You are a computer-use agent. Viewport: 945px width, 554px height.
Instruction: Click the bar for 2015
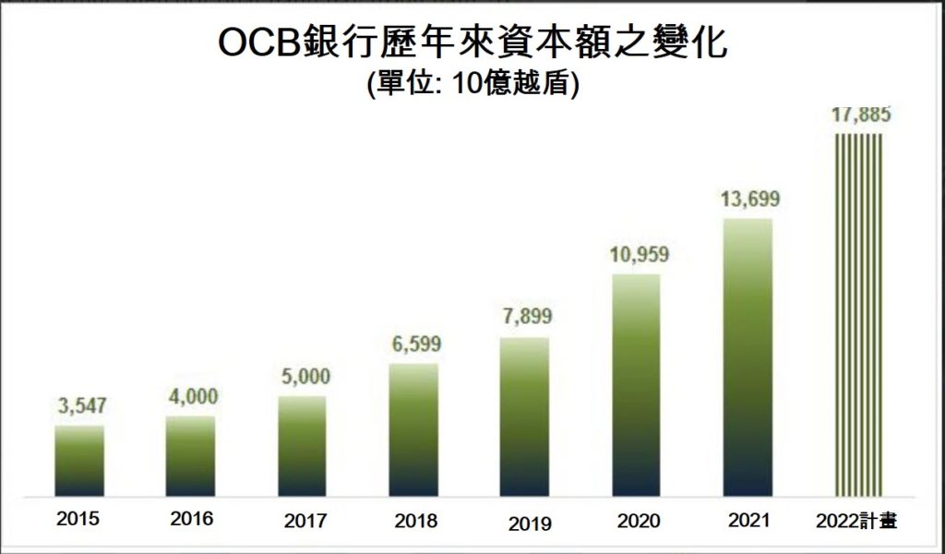coord(79,460)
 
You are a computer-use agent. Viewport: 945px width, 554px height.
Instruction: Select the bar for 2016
coord(190,455)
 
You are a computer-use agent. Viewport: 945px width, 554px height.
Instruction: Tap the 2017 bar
coord(302,445)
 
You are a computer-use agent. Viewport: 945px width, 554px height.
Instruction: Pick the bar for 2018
coord(413,429)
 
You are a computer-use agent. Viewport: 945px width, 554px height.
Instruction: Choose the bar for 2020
coord(636,384)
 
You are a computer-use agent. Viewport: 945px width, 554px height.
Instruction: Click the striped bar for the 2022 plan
coord(858,314)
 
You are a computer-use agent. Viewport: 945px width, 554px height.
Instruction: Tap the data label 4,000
coord(191,396)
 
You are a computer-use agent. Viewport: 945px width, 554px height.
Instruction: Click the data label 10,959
coord(636,254)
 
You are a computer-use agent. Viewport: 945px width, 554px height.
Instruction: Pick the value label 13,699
coord(748,200)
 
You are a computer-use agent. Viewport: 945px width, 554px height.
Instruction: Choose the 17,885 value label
coord(859,116)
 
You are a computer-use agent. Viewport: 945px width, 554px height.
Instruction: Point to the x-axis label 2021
coord(748,520)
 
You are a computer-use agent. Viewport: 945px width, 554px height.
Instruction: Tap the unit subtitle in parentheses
coord(472,84)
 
